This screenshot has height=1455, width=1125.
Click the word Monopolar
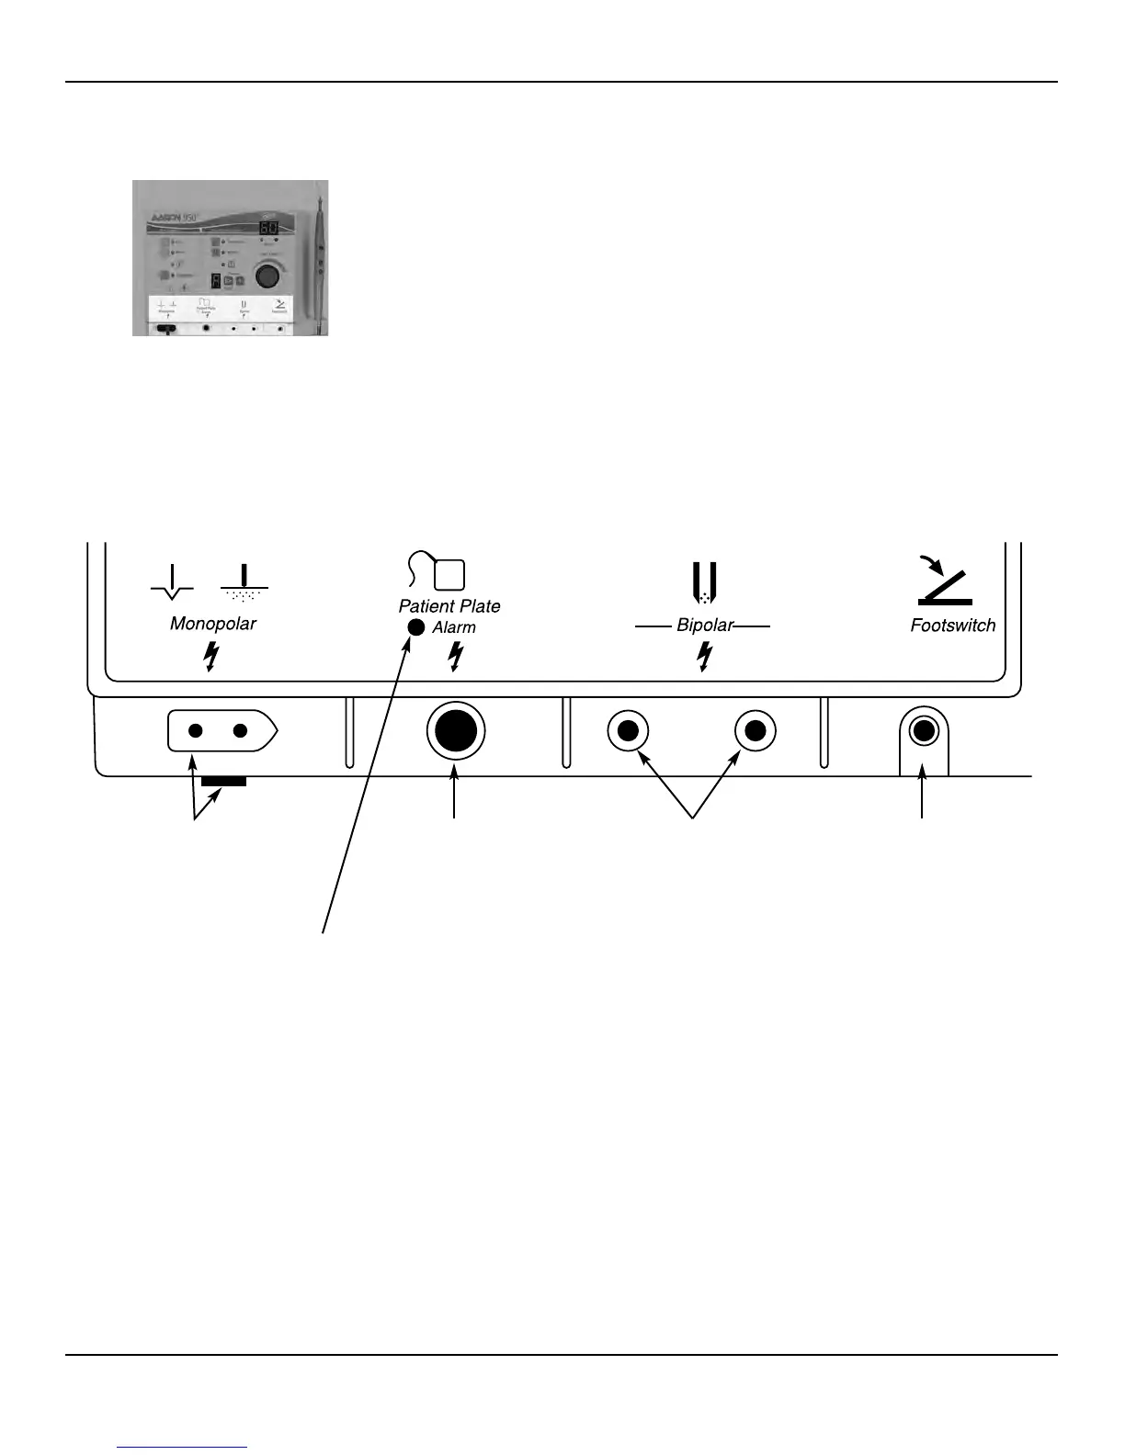(212, 624)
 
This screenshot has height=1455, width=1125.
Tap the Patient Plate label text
(449, 606)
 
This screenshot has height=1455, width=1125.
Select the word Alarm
(454, 628)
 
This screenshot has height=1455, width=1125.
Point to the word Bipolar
(704, 626)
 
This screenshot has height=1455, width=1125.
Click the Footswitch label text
(952, 626)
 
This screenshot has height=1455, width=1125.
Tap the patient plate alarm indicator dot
(415, 627)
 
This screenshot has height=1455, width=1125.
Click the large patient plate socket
(456, 731)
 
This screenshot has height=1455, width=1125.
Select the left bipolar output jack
(629, 731)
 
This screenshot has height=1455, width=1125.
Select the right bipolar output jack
(756, 731)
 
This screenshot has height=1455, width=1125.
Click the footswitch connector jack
(923, 731)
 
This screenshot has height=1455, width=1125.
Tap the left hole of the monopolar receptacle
(195, 731)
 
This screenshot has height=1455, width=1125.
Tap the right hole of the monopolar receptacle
(240, 731)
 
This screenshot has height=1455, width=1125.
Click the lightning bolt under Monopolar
(211, 657)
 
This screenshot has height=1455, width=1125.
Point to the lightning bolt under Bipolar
(704, 656)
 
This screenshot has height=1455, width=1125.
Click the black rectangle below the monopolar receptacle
(223, 781)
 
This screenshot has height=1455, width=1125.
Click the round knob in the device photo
(267, 276)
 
